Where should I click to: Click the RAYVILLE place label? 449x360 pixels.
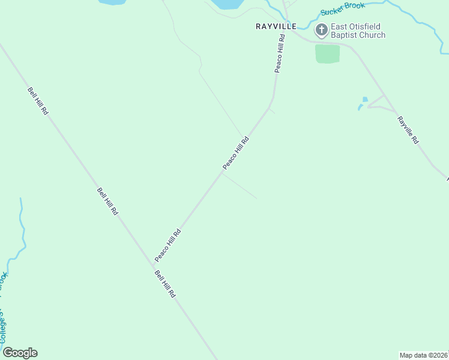[x=276, y=26]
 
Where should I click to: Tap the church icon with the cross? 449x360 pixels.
[x=321, y=30]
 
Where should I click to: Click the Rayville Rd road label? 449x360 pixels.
[x=407, y=129]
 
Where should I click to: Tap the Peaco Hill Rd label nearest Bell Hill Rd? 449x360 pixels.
[x=167, y=245]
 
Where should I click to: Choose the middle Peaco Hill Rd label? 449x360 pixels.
[x=235, y=153]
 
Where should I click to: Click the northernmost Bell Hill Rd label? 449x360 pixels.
[x=37, y=101]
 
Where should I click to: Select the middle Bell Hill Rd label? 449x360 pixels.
[x=107, y=202]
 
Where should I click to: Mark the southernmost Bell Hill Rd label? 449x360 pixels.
[x=164, y=284]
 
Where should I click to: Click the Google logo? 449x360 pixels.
[x=20, y=353]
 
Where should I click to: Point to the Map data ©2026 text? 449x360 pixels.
[x=423, y=355]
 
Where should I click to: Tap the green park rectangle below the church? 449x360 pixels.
[x=327, y=53]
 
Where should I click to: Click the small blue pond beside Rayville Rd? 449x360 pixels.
[x=364, y=100]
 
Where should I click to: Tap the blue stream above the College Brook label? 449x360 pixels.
[x=23, y=231]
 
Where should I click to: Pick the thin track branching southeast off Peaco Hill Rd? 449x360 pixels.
[x=240, y=186]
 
